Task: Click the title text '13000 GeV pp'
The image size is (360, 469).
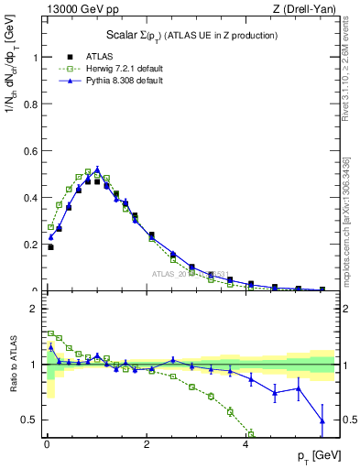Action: coord(73,8)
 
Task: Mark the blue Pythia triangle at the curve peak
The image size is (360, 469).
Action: coord(97,169)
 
